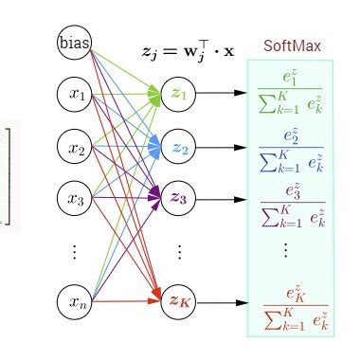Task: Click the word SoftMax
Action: tap(291, 45)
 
